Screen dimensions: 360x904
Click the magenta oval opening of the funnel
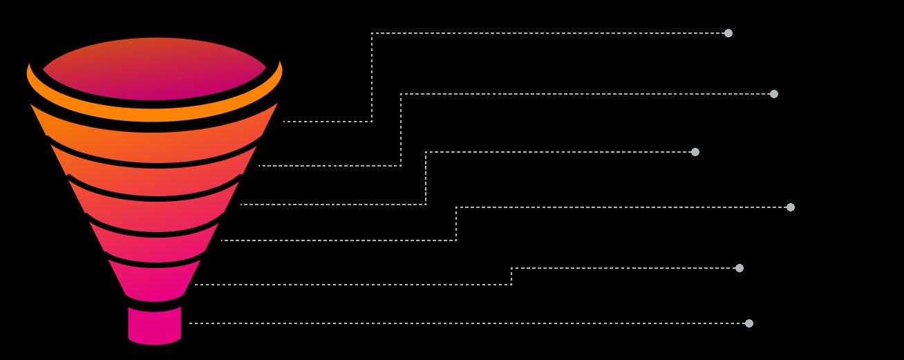(155, 68)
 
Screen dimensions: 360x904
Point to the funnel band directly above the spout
(155, 282)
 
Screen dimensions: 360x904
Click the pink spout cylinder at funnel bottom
(155, 325)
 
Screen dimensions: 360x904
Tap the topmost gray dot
(728, 33)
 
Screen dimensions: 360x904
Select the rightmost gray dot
(791, 207)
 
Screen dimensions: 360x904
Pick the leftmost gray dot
(695, 152)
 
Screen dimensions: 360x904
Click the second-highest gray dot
(774, 94)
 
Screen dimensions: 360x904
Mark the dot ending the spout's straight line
(748, 323)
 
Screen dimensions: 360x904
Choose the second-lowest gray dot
(740, 268)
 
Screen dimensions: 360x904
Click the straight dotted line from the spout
(470, 323)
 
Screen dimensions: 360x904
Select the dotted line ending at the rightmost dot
(622, 207)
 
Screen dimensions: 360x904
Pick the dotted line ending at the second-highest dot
(587, 94)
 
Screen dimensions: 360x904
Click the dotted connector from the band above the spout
(622, 268)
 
